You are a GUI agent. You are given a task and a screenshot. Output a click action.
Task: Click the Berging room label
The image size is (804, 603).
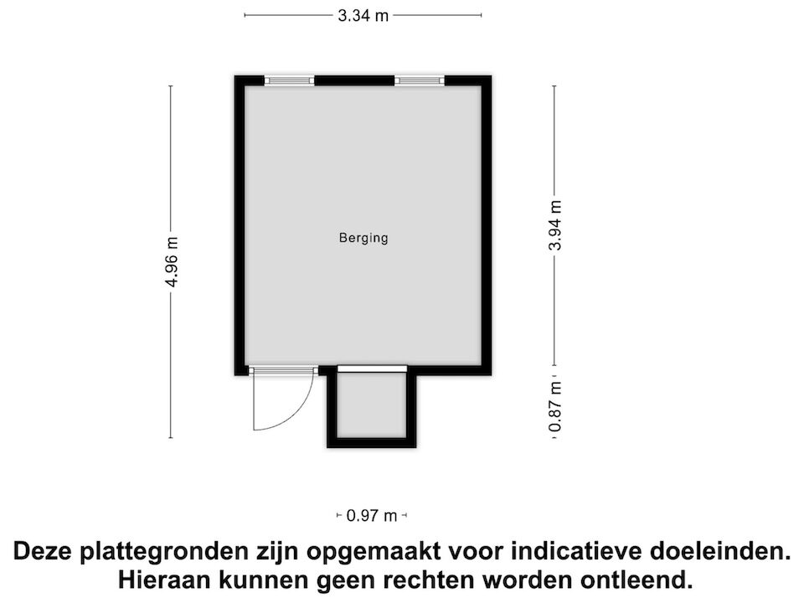pyautogui.click(x=363, y=238)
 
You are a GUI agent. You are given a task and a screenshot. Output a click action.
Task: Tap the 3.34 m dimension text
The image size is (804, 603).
pyautogui.click(x=363, y=15)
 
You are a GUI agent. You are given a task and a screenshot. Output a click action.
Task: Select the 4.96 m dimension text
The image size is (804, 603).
pyautogui.click(x=172, y=261)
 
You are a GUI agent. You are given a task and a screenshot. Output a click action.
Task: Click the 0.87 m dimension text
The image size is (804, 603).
pyautogui.click(x=554, y=408)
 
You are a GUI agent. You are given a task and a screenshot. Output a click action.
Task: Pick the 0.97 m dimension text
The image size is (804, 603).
pyautogui.click(x=372, y=516)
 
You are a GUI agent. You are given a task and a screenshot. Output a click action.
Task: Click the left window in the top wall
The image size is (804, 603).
pyautogui.click(x=290, y=80)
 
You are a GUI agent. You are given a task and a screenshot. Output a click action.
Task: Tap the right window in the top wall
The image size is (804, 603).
pyautogui.click(x=419, y=80)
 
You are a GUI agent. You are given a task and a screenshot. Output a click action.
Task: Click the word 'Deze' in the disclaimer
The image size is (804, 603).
pyautogui.click(x=43, y=552)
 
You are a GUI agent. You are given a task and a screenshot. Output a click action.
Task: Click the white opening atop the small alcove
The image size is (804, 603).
pyautogui.click(x=371, y=368)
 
